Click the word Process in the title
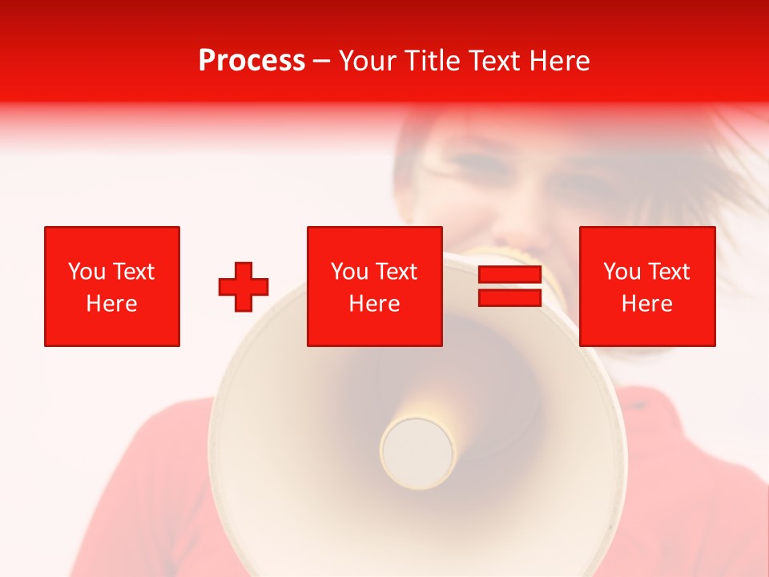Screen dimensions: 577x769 [x=252, y=61]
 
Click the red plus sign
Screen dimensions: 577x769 [x=244, y=286]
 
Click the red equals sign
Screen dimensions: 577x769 [x=509, y=286]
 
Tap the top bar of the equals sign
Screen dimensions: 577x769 [x=509, y=276]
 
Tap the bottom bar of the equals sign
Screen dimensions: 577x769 [x=509, y=297]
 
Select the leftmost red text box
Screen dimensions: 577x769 [x=112, y=286]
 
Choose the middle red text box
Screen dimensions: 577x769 [x=374, y=286]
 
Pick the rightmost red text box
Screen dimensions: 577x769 [x=646, y=286]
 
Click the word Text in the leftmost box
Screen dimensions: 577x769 [x=132, y=272]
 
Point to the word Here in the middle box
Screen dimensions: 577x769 [x=374, y=304]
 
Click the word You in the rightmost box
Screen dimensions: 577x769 [x=621, y=272]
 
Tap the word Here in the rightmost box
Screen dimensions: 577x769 [x=646, y=304]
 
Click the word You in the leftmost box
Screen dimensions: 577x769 [x=86, y=272]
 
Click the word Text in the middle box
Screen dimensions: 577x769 [x=396, y=272]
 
